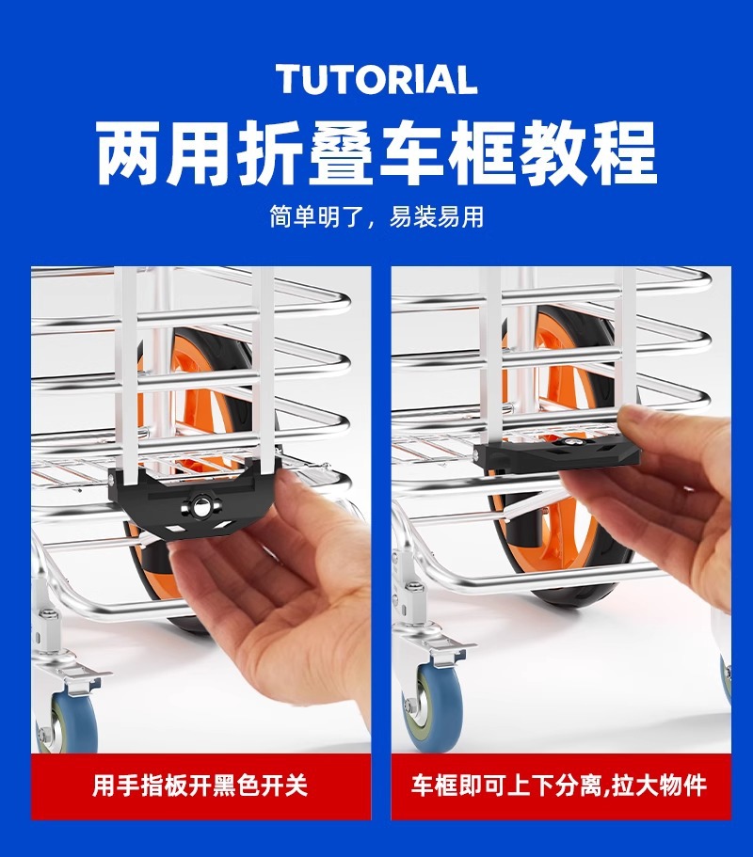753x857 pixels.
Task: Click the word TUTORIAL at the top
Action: tap(376, 80)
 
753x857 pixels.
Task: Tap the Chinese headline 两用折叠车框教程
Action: tap(376, 153)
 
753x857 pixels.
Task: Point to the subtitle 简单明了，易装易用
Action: tap(376, 217)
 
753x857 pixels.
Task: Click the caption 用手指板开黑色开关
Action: tap(200, 786)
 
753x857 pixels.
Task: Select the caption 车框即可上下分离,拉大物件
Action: tap(559, 786)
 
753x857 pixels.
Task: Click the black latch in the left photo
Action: tap(195, 499)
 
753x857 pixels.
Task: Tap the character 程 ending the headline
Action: tap(624, 153)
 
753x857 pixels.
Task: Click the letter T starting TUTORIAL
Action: tap(291, 80)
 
